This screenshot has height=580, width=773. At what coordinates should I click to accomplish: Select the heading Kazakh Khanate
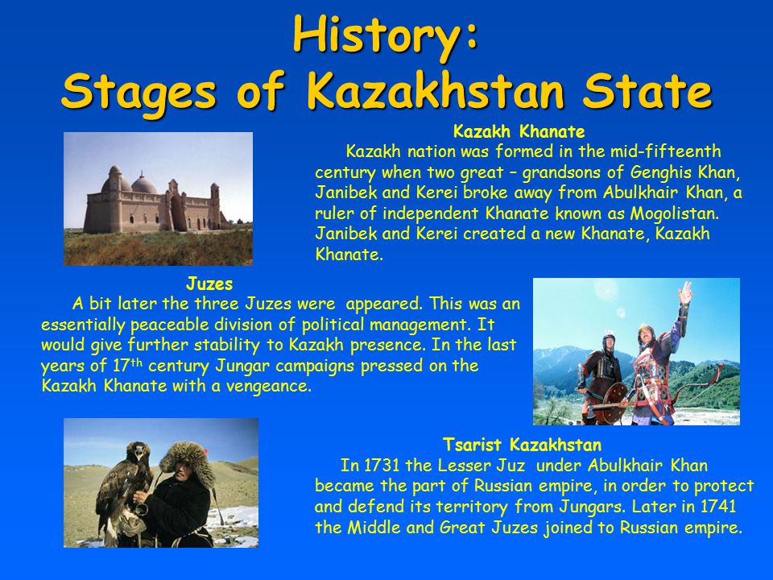(519, 131)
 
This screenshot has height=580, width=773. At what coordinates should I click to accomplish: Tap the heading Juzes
(209, 284)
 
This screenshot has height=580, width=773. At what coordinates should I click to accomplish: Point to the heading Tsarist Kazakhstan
(522, 445)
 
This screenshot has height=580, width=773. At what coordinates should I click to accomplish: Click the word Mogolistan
(675, 213)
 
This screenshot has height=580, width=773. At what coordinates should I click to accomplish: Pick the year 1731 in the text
(382, 465)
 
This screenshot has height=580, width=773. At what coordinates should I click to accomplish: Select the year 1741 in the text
(717, 506)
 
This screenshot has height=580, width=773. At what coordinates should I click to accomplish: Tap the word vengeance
(269, 386)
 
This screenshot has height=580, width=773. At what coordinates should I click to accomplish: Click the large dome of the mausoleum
(144, 184)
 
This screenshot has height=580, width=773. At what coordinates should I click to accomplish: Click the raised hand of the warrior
(684, 292)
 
